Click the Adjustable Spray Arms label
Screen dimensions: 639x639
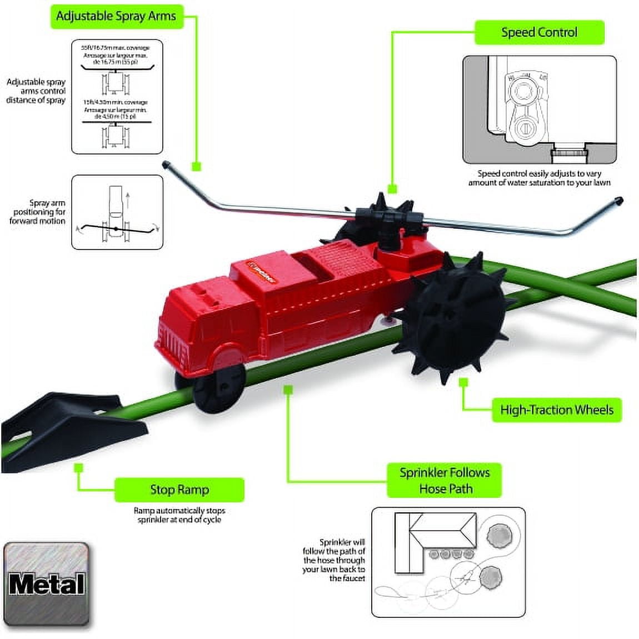click(x=116, y=16)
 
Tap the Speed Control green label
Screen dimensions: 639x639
click(x=538, y=33)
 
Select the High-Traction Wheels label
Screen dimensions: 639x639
click(x=556, y=410)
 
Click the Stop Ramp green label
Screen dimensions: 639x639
click(x=179, y=490)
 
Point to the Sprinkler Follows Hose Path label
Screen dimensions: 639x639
click(x=445, y=481)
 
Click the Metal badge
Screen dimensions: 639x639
click(x=46, y=584)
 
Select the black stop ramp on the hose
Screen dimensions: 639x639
click(x=67, y=428)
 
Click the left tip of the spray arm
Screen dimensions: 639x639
click(x=166, y=164)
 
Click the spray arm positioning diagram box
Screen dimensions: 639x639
click(x=117, y=212)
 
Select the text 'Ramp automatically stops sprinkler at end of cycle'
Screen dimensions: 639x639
click(x=179, y=515)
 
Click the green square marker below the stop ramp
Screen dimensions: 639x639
click(x=79, y=468)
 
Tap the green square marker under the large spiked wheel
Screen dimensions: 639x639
click(x=463, y=383)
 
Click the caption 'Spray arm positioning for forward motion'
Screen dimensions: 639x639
click(x=38, y=212)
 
